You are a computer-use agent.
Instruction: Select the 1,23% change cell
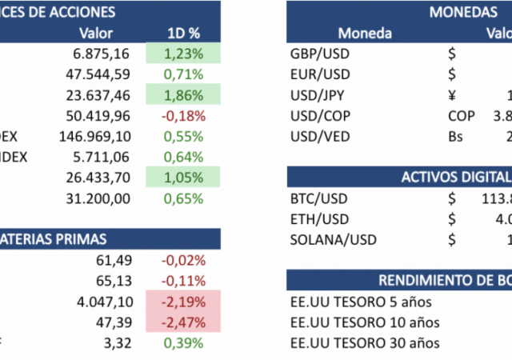(x=183, y=54)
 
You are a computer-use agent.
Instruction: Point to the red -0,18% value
(x=183, y=116)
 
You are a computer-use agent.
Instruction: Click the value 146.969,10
(x=94, y=137)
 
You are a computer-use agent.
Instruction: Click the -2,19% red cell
(x=183, y=302)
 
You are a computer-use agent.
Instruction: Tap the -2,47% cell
(x=183, y=322)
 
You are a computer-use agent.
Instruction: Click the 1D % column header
(x=183, y=34)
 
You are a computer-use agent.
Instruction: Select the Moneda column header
(x=365, y=34)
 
